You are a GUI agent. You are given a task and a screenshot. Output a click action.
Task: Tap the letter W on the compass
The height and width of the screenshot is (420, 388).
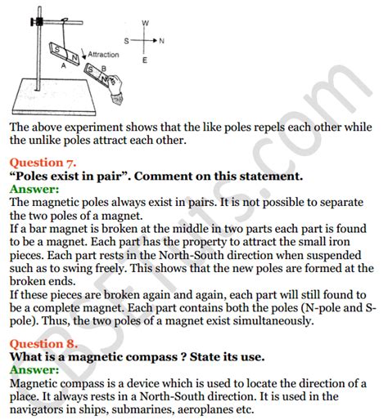(144, 22)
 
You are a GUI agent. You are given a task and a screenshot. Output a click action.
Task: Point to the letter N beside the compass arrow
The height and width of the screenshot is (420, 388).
(161, 40)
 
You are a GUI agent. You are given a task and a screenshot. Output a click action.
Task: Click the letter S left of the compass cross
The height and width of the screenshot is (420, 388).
(127, 40)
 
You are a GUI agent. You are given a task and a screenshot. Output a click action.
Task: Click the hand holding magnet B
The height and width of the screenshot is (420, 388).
(116, 82)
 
